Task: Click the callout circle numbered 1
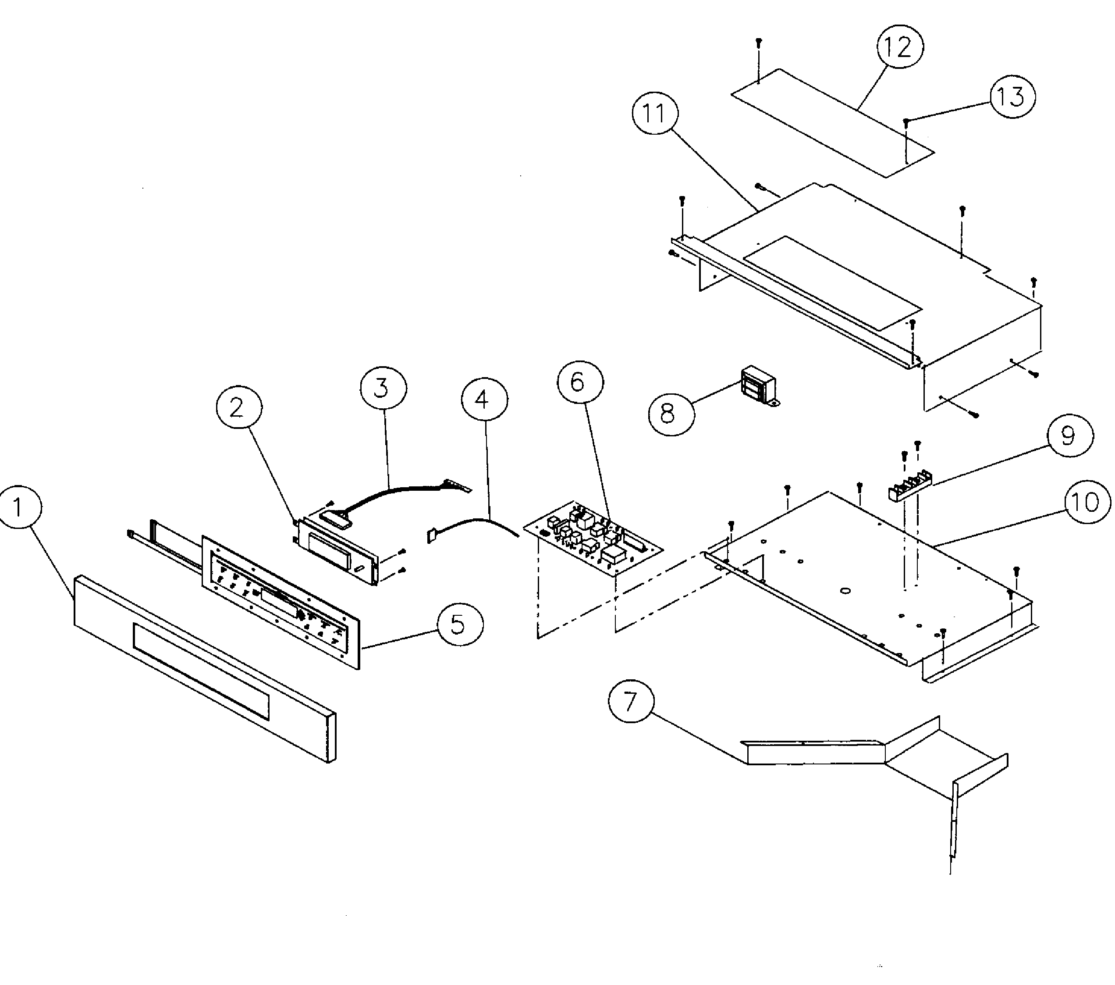18,507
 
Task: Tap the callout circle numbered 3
383,388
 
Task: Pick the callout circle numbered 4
484,400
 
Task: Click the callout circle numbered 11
655,114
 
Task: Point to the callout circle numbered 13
1012,96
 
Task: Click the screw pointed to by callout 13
906,122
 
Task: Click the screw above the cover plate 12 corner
759,42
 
